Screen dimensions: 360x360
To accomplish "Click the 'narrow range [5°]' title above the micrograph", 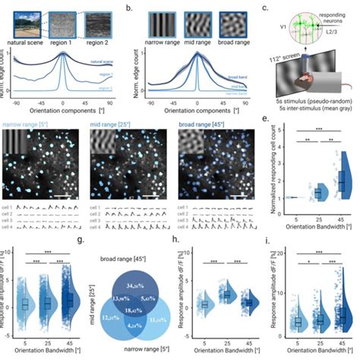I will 28,121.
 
